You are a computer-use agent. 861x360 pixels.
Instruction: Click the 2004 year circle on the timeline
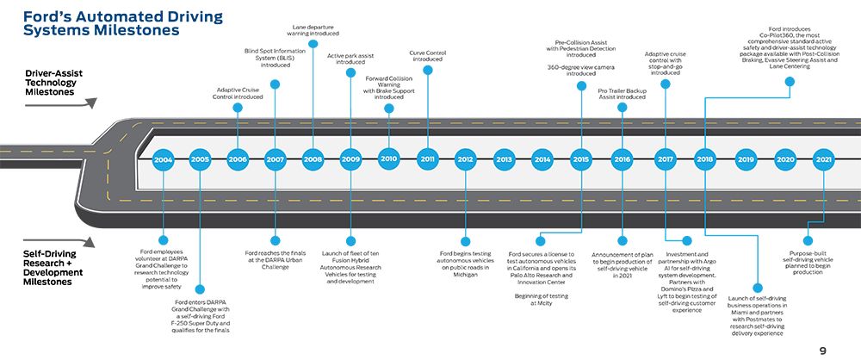tap(163, 160)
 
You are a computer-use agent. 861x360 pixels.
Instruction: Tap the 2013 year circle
tap(504, 160)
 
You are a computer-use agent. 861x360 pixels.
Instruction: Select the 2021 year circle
tap(823, 160)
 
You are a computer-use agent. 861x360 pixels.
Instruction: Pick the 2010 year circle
tap(389, 158)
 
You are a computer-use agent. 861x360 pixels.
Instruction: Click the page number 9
tap(822, 351)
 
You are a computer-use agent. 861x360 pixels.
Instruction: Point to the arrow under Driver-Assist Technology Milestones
tap(61, 102)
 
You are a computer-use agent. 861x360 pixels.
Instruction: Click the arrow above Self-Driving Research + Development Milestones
tap(59, 242)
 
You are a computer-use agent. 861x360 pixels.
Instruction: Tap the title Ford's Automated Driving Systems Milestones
tap(123, 23)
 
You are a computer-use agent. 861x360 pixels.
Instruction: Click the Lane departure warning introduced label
tap(313, 29)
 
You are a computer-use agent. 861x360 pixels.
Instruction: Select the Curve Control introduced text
tap(428, 56)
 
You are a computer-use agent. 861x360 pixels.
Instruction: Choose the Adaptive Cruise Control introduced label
tap(238, 93)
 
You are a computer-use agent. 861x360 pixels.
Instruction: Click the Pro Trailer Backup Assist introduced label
tap(623, 93)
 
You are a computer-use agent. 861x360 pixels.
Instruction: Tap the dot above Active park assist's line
tap(351, 72)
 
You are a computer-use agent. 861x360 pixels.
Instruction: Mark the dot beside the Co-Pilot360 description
tap(790, 81)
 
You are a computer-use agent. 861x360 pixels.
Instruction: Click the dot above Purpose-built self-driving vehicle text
tap(808, 240)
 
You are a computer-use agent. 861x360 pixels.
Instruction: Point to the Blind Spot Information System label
tap(276, 58)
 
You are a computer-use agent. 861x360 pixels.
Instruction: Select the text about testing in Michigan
tap(465, 264)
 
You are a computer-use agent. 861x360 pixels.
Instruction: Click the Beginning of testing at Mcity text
tap(541, 300)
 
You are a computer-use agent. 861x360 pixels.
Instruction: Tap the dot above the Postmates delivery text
tap(758, 288)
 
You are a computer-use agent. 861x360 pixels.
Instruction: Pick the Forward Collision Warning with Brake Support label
tap(389, 88)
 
